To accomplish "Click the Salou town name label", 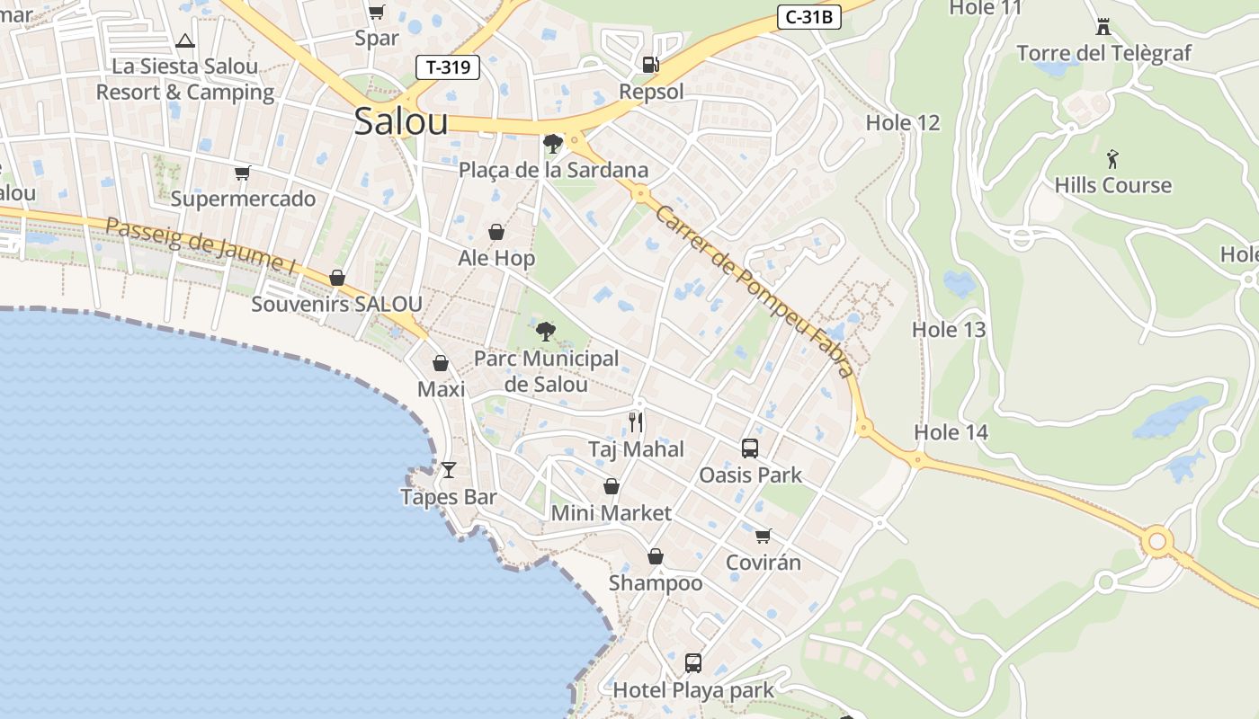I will click(x=400, y=121).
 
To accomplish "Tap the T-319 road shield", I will click(x=448, y=67).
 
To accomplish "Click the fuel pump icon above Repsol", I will click(x=650, y=64).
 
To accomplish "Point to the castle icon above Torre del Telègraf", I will click(x=1103, y=26).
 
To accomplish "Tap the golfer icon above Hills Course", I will click(x=1113, y=159).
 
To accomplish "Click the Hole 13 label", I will click(x=949, y=330).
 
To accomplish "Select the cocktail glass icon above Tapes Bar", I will click(x=449, y=469).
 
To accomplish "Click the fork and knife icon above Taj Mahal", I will click(x=636, y=422).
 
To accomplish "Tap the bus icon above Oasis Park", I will click(x=750, y=448).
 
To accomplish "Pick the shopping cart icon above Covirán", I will click(x=763, y=536).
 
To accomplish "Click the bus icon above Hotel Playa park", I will click(x=692, y=663).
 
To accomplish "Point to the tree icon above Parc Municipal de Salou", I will click(x=545, y=332).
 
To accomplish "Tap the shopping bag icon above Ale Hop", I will click(x=496, y=232).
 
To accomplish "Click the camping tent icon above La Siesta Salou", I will click(x=185, y=40).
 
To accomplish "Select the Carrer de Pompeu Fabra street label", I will click(x=755, y=290).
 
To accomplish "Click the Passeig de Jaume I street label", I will click(x=201, y=244).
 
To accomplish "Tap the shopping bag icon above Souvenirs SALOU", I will click(x=337, y=278).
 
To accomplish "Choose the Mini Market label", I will click(x=611, y=513).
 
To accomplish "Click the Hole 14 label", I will click(x=951, y=432).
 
